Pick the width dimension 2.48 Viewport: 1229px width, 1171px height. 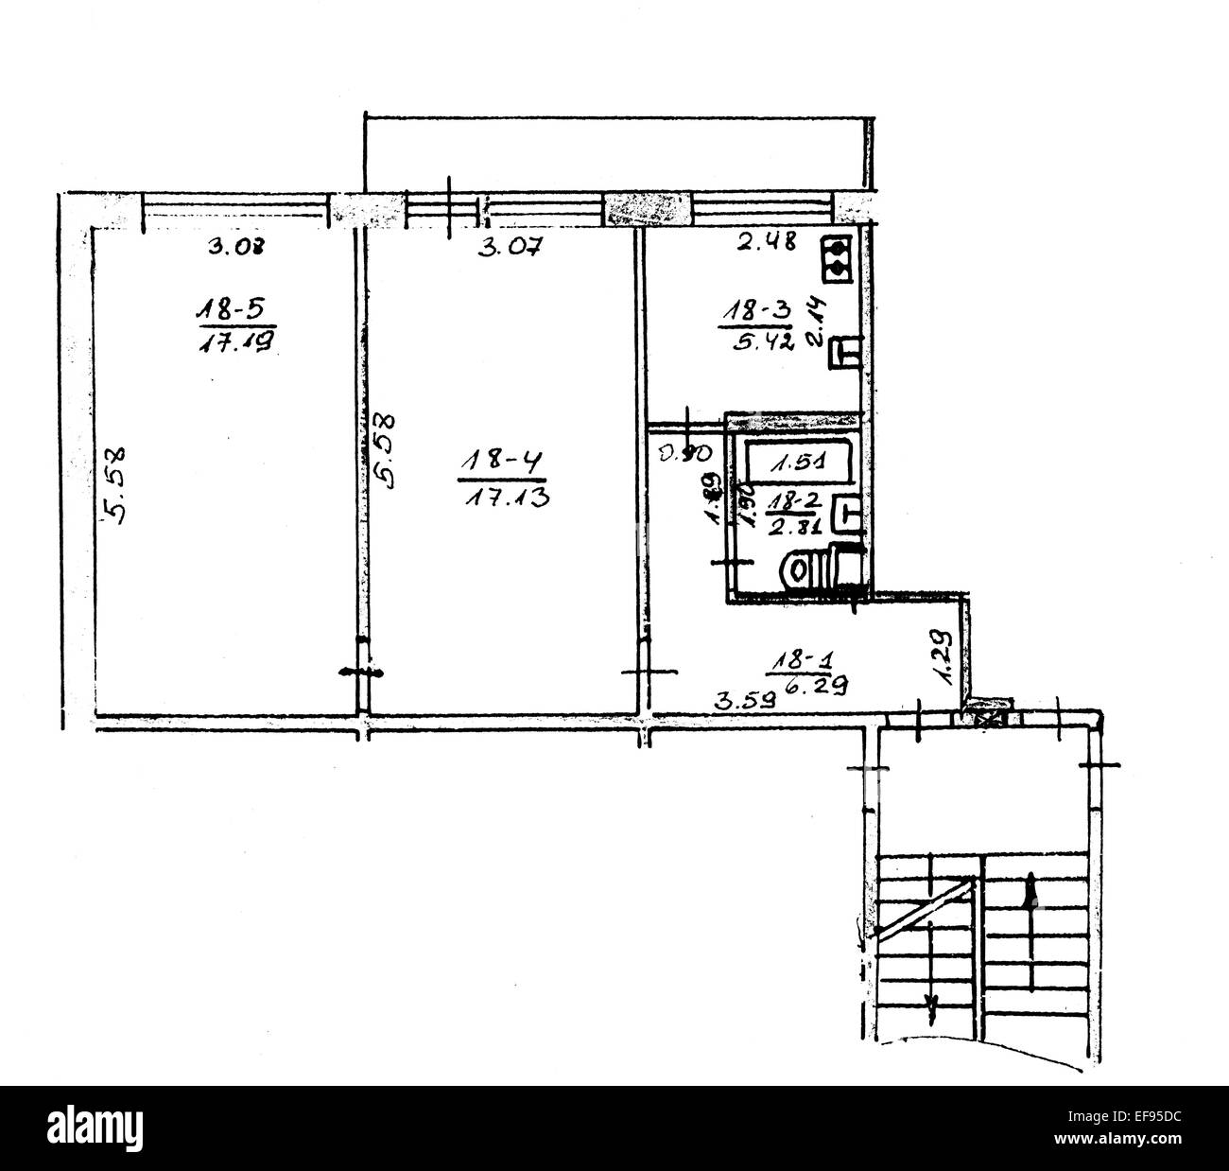[x=762, y=244]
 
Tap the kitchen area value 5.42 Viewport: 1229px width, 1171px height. [x=753, y=339]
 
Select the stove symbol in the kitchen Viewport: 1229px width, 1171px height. [x=837, y=257]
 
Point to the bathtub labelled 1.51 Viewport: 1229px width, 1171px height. [x=799, y=463]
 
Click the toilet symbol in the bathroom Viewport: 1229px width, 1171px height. [x=813, y=569]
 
